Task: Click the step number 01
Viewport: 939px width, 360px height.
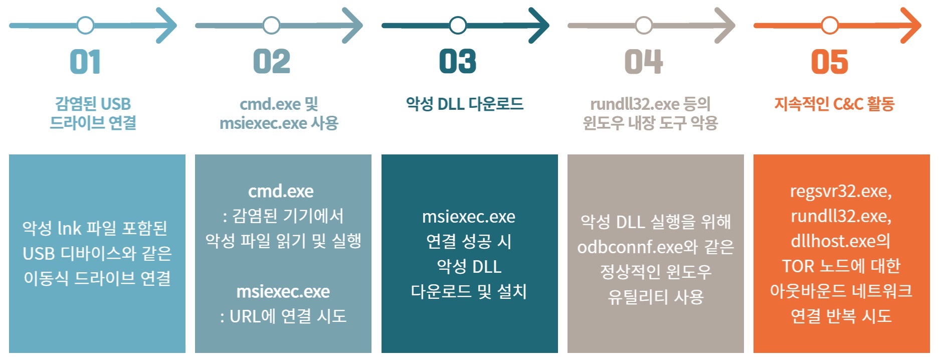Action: pos(85,62)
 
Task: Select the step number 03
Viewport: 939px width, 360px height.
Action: pos(457,62)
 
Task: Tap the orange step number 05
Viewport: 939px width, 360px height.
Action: pos(829,62)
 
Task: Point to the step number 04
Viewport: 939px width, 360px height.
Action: pos(644,62)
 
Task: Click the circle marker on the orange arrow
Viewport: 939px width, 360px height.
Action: pos(830,25)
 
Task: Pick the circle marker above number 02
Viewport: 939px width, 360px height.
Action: pos(271,25)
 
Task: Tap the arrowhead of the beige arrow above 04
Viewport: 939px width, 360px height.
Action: pos(726,25)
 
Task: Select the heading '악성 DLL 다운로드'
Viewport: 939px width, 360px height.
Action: pos(465,104)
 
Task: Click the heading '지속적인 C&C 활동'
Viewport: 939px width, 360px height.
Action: pos(834,104)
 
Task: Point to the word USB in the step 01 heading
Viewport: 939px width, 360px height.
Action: pos(115,104)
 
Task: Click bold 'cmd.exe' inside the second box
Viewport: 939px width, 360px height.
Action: pos(281,191)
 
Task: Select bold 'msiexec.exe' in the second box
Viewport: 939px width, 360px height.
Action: pos(283,291)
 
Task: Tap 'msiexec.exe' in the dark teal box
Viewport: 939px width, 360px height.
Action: pos(469,217)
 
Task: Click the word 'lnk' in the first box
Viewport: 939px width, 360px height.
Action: pos(69,228)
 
